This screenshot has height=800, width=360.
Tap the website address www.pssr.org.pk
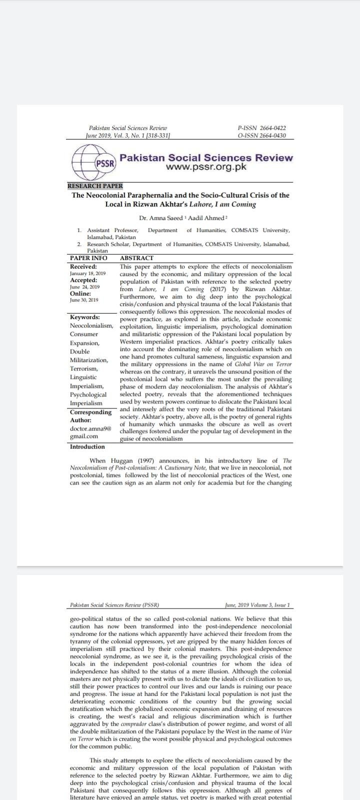206,167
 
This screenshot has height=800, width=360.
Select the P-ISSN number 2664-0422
270,128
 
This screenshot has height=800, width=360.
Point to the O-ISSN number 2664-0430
270,135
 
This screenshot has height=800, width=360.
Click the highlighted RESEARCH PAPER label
95,186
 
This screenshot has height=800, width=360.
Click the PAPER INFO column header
88,258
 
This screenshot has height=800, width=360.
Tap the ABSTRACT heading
137,258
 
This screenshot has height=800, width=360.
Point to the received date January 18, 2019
87,273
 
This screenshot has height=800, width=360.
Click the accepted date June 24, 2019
84,287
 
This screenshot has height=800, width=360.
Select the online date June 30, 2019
84,300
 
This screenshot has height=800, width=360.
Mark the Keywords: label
84,317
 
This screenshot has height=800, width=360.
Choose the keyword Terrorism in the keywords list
84,368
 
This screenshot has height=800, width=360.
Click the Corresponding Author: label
90,416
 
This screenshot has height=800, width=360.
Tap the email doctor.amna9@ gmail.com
90,432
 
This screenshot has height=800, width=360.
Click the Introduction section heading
87,446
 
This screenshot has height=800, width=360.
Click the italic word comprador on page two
134,723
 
